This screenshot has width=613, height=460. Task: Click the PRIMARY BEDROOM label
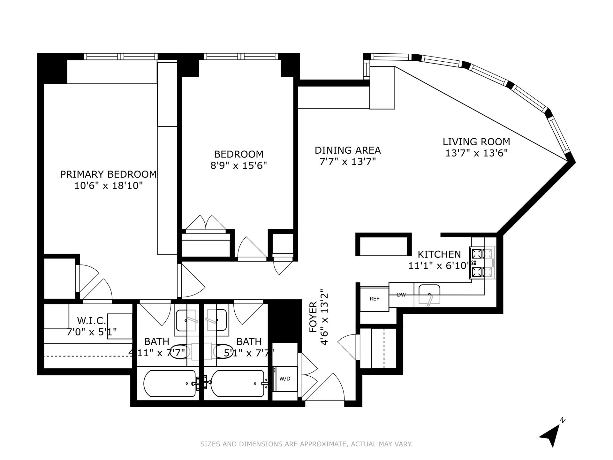[x=108, y=174]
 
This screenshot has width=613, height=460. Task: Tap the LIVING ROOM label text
[x=476, y=142]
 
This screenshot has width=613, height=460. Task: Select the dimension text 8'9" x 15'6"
[x=238, y=165]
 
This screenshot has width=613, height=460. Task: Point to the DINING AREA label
[x=348, y=150]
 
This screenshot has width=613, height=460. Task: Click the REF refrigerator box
[x=374, y=299]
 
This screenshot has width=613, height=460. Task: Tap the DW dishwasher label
[x=401, y=295]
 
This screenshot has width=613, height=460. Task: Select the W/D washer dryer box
[x=285, y=379]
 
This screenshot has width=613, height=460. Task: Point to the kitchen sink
[x=429, y=294]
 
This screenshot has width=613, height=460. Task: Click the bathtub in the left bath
[x=170, y=383]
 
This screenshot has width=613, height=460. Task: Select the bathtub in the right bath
[x=238, y=383]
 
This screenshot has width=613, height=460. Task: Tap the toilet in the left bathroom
[x=180, y=352]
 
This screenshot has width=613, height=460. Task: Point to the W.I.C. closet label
[x=91, y=320]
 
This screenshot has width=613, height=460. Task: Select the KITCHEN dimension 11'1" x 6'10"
[x=439, y=265]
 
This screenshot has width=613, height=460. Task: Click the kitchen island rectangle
[x=383, y=244]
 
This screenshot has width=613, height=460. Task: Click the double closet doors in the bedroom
[x=206, y=223]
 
